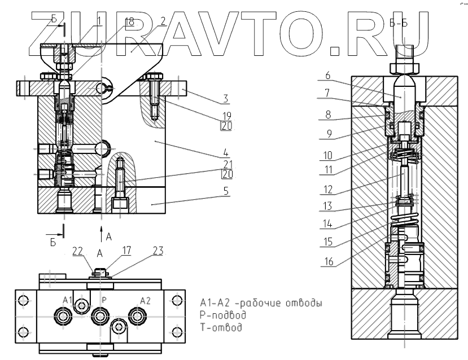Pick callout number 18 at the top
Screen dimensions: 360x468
click(x=129, y=21)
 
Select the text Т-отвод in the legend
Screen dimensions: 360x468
click(x=221, y=327)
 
